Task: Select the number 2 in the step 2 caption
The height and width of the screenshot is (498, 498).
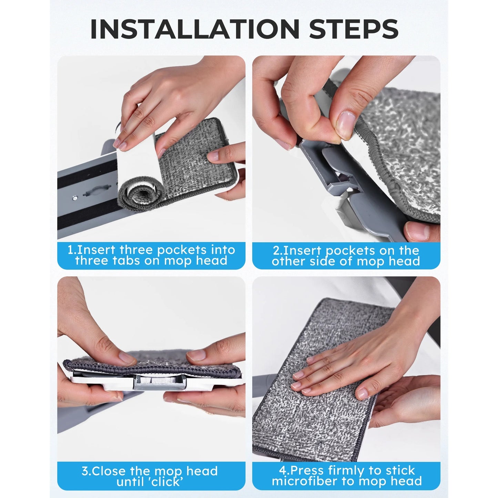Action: [x=276, y=251]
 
